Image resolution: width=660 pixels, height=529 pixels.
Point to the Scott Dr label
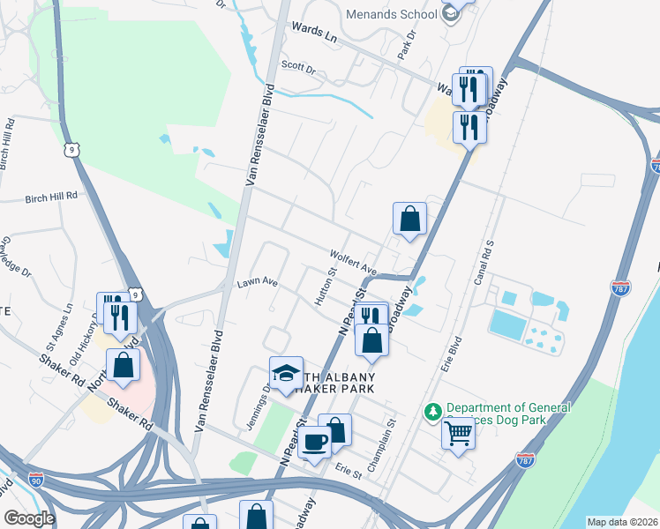(298, 65)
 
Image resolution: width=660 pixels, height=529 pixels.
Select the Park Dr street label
(406, 47)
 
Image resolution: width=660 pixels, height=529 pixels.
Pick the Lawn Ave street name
(257, 284)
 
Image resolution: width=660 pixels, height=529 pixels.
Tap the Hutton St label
(323, 288)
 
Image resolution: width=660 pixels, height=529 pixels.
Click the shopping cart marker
(459, 432)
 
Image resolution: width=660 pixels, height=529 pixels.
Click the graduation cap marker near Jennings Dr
(286, 373)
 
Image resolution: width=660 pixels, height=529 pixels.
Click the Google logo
(29, 518)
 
